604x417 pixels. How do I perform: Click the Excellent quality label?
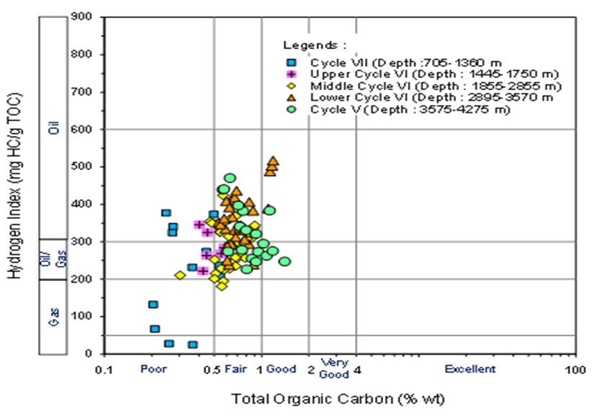(469, 369)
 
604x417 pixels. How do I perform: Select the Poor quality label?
(154, 369)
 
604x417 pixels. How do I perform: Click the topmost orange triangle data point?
(272, 161)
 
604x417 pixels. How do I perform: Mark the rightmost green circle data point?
(284, 261)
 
